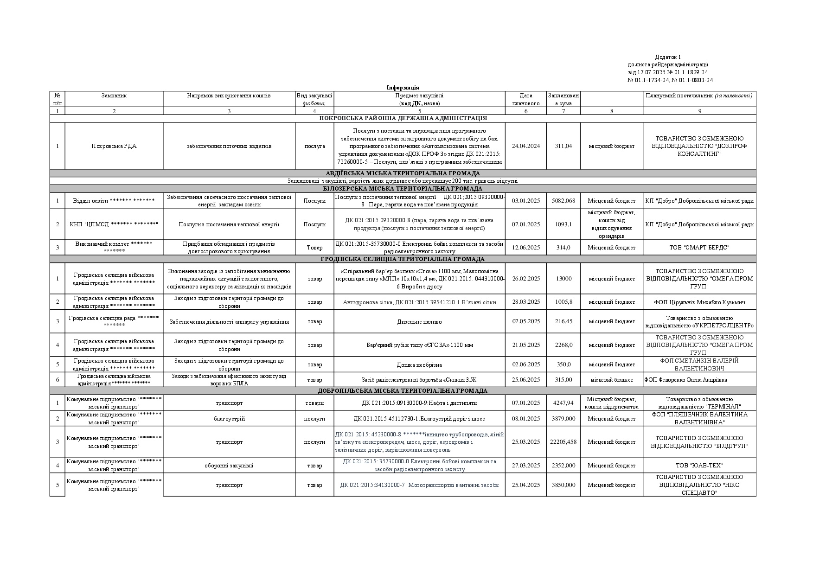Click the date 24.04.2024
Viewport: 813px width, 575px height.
point(526,146)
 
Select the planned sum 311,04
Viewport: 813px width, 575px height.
point(563,146)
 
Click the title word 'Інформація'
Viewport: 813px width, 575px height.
point(403,88)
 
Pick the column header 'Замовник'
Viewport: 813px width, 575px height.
point(114,96)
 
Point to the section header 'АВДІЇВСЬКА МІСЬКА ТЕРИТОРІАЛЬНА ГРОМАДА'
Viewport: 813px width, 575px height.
point(403,173)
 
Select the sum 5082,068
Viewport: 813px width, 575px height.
point(563,201)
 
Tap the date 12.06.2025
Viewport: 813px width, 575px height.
point(526,248)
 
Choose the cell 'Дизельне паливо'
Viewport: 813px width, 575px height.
point(419,321)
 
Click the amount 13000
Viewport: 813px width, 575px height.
point(563,279)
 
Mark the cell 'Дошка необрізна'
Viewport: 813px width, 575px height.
point(419,365)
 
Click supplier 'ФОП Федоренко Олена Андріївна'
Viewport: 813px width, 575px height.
point(685,380)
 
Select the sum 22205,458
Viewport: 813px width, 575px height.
point(563,442)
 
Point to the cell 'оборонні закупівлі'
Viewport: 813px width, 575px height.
point(229,466)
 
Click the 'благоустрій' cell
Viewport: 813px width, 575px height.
point(229,419)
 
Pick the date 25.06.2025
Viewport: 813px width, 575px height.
point(526,380)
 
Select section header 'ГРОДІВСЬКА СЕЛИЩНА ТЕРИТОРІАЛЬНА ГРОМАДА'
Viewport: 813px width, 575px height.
point(403,259)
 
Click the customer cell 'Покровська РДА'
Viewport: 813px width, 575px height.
point(114,146)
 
